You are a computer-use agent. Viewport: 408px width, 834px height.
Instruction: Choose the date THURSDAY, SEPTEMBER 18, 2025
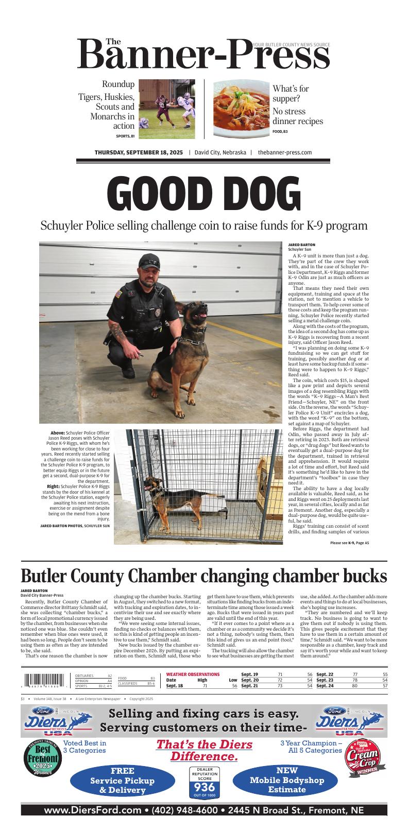pos(139,152)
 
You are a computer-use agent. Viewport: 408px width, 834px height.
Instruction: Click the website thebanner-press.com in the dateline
pos(285,152)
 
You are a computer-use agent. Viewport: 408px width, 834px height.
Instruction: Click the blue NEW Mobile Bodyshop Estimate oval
pos(287,780)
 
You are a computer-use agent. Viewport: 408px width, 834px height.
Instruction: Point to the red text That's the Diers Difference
pos(204,750)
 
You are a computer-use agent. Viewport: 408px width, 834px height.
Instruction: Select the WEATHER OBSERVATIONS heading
pos(193,674)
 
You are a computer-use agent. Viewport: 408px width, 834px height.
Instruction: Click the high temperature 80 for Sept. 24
pos(354,686)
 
